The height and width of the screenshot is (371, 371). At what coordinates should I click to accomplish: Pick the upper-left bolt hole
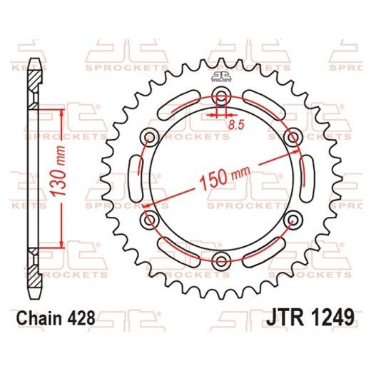pos(152,137)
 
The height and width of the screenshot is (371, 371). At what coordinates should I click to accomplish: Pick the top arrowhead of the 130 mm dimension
pos(63,114)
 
